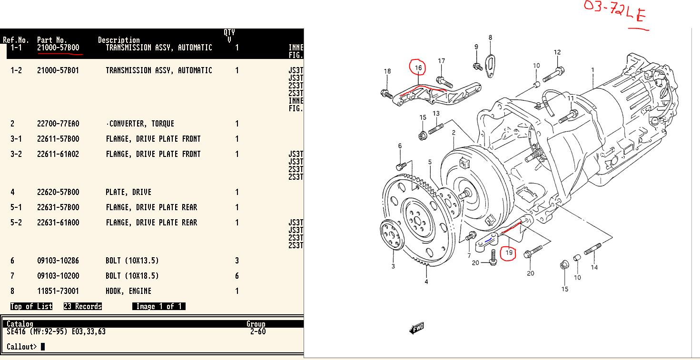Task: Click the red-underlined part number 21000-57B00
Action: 58,48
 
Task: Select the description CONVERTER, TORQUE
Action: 140,124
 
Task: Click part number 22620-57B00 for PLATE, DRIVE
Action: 58,192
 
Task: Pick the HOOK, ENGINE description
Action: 128,291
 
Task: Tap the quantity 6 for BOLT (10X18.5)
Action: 237,276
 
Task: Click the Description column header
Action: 118,40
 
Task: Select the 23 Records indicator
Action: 83,306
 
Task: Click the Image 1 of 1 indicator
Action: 159,306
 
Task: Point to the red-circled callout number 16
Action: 418,68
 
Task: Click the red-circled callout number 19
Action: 509,253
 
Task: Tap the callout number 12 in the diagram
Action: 557,52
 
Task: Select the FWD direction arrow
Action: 416,328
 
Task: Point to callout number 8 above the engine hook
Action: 490,38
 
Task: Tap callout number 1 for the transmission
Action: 592,70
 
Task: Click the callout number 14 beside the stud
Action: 594,267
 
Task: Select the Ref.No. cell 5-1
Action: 16,207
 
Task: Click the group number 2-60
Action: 258,331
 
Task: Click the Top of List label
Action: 31,306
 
